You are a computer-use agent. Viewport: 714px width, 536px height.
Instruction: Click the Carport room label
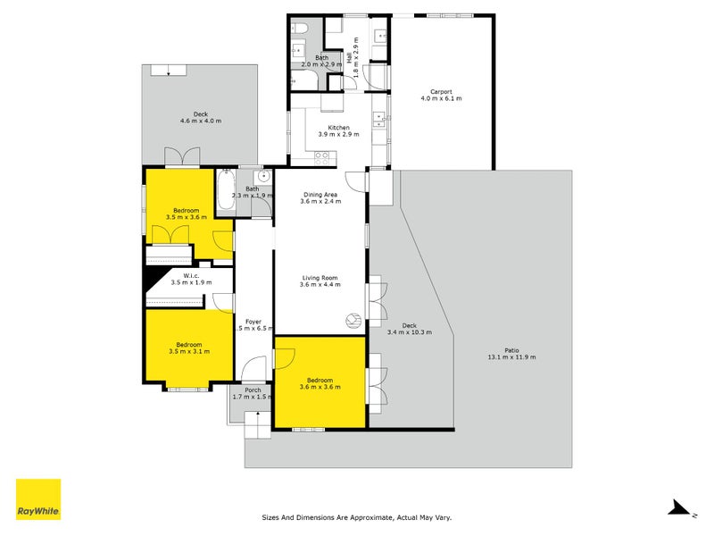coord(441,91)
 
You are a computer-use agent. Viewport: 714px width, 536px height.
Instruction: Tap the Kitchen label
coord(338,128)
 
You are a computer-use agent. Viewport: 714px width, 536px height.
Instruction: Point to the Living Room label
coord(320,278)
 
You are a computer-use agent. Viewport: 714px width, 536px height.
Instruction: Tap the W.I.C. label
coord(191,275)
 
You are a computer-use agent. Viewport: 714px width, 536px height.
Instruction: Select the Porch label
coord(253,389)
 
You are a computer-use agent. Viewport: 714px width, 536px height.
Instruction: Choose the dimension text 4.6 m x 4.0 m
coord(201,121)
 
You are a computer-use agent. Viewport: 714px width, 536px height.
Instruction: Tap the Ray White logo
coord(38,500)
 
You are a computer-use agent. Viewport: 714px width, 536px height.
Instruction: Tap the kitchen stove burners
coord(322,157)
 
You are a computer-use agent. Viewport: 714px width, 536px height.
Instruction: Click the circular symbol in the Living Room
coord(353,320)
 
